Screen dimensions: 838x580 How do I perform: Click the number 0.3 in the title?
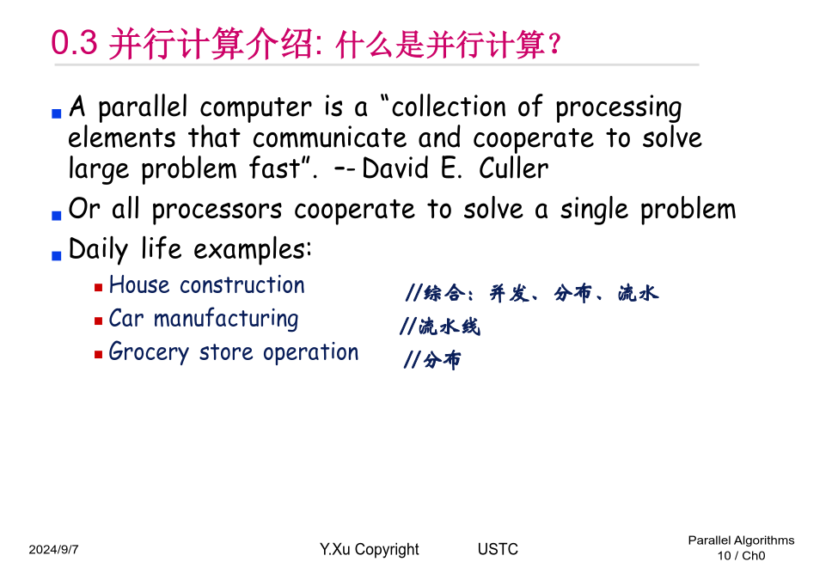[x=74, y=42]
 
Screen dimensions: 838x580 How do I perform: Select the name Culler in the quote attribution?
[x=513, y=168]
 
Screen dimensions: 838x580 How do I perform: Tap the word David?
[x=395, y=168]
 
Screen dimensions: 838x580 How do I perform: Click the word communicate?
[x=330, y=137]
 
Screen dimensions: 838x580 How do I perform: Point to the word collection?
[x=449, y=107]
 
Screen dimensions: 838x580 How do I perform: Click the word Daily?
[x=98, y=249]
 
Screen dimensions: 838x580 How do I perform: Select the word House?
[x=139, y=284]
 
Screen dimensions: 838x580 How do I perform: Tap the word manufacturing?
[x=226, y=320]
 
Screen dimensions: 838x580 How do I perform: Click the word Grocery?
[x=149, y=352]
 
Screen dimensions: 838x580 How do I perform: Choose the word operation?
[x=310, y=352]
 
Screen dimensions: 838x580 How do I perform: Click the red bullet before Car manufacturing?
[x=98, y=321]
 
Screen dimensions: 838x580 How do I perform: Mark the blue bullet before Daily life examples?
[x=57, y=255]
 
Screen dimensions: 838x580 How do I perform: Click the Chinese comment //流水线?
[x=440, y=327]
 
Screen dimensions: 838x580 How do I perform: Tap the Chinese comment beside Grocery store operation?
[x=431, y=360]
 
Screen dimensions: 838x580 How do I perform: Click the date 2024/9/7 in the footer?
[x=53, y=550]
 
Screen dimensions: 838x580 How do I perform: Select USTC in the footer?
[x=498, y=549]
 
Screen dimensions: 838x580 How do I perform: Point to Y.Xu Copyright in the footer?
[x=370, y=550]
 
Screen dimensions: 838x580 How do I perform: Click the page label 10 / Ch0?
[x=741, y=556]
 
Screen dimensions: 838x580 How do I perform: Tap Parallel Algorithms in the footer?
[x=741, y=540]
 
